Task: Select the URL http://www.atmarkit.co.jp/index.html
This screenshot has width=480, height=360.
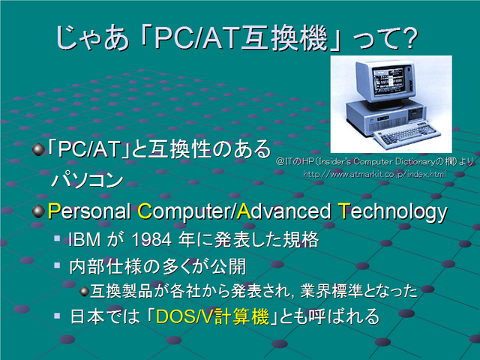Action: click(375, 174)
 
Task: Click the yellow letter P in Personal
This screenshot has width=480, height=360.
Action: click(54, 211)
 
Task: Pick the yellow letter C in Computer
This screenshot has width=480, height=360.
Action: click(145, 211)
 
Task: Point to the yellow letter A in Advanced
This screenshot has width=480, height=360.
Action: click(244, 211)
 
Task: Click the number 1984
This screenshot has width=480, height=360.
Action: click(151, 240)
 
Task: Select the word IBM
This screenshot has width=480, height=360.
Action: click(85, 240)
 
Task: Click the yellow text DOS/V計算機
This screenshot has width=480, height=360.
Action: click(212, 316)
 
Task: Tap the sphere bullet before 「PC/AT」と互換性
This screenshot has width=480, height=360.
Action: click(38, 150)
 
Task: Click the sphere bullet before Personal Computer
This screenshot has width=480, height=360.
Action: click(38, 211)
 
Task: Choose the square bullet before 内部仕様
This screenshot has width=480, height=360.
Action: click(57, 265)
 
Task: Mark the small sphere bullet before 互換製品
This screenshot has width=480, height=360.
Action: click(85, 291)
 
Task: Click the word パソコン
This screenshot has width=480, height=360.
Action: click(88, 180)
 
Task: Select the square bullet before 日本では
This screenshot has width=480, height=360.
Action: click(57, 315)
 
